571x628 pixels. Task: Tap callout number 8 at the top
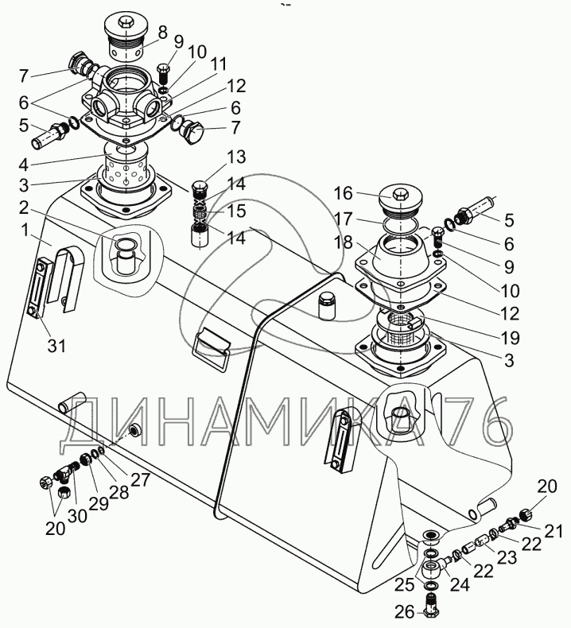[162, 33]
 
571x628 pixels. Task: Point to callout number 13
[215, 155]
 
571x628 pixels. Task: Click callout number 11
[218, 63]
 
